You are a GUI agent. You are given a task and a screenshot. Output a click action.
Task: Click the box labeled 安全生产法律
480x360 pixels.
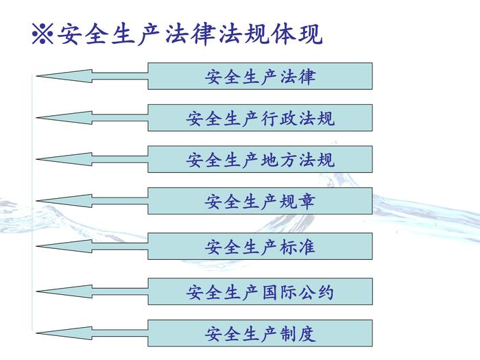(x=260, y=76)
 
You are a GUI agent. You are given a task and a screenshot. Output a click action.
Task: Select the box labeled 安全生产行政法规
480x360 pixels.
(x=260, y=118)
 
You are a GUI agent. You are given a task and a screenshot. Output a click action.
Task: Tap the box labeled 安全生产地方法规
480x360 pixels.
(x=260, y=160)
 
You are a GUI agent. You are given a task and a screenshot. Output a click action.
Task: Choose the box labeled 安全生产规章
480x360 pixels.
(x=260, y=202)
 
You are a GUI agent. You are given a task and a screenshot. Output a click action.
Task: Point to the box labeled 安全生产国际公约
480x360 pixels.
(x=260, y=292)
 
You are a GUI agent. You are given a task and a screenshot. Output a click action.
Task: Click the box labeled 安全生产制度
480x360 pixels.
(x=260, y=334)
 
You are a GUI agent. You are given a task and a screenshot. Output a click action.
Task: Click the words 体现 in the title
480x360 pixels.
(x=296, y=33)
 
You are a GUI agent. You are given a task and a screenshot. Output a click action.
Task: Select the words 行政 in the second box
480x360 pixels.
(x=278, y=118)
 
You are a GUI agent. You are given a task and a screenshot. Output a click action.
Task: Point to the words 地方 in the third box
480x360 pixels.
(x=278, y=160)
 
